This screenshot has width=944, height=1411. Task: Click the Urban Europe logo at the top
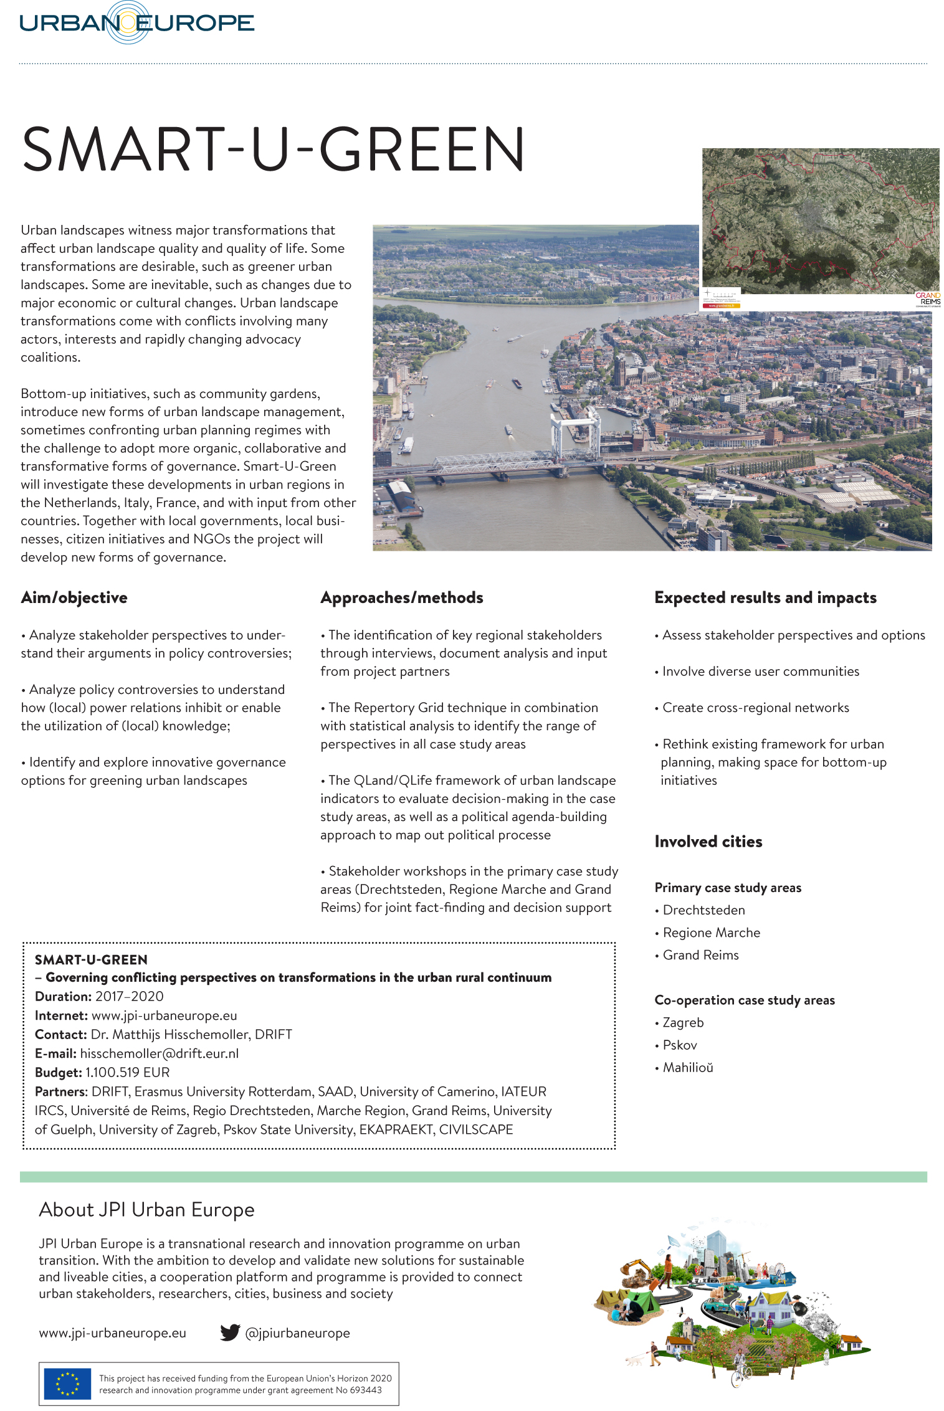coord(136,23)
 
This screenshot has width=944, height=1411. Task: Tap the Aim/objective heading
coord(74,597)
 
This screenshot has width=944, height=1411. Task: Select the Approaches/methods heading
coord(402,597)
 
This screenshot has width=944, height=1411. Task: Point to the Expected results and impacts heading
coord(765,597)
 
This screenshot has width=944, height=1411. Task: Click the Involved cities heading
coord(708,842)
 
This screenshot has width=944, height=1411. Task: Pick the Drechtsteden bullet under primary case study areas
coord(703,910)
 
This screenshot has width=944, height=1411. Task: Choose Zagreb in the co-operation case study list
coord(683,1022)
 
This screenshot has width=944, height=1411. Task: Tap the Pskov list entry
coord(680,1045)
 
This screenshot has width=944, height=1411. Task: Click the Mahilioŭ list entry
coord(687,1067)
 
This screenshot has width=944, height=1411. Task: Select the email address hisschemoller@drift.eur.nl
coord(160,1053)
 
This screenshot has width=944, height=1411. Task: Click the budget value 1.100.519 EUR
coord(128,1072)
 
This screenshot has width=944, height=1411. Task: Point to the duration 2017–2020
coord(130,996)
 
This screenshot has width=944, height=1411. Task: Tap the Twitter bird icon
coord(230,1333)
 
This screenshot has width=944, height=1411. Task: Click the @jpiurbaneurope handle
coord(298,1333)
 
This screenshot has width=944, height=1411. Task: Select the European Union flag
coord(67,1384)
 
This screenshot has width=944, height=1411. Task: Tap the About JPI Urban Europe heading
coord(147,1210)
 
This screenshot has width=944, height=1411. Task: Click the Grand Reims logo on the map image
coord(928,299)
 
